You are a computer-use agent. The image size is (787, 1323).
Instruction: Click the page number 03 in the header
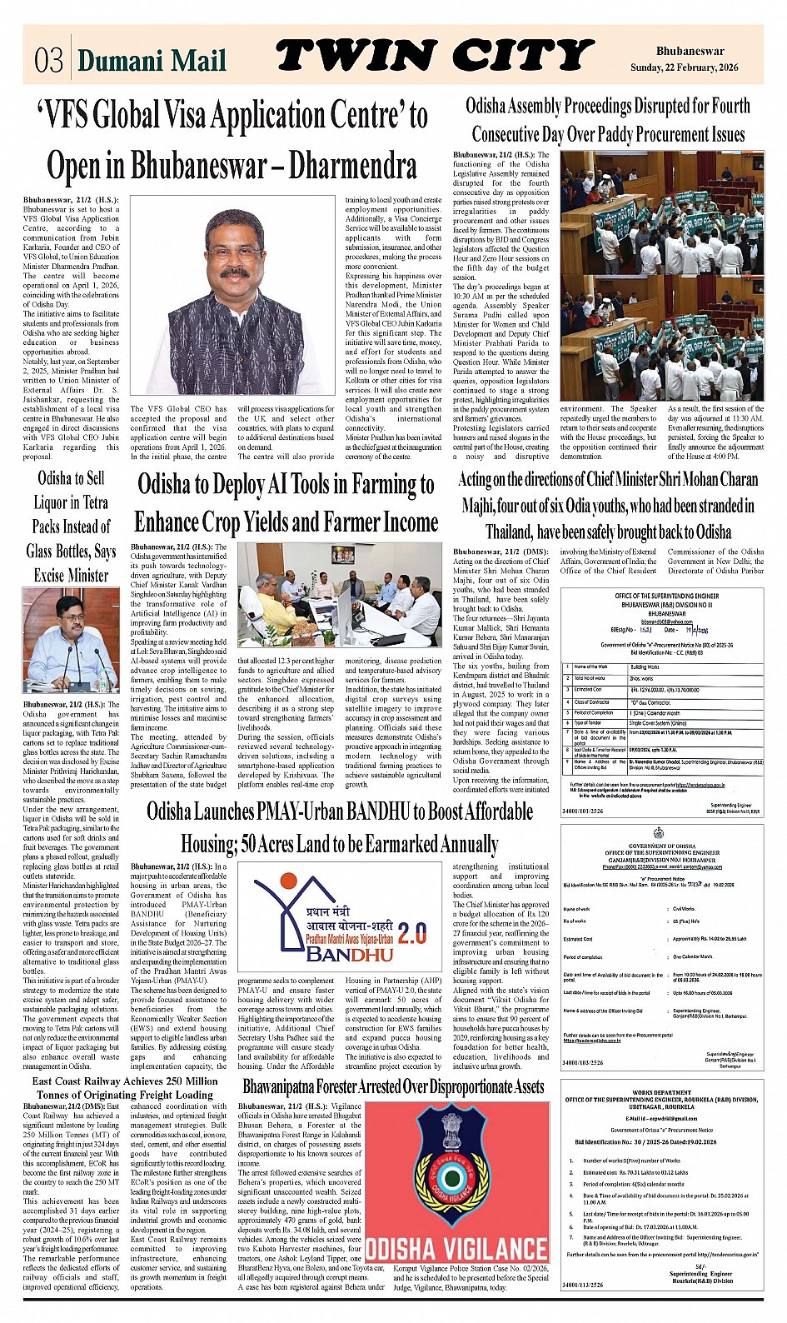pyautogui.click(x=49, y=60)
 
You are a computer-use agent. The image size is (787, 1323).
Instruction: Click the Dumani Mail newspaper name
pyautogui.click(x=151, y=60)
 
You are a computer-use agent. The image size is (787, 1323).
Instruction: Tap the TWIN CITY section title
pyautogui.click(x=434, y=56)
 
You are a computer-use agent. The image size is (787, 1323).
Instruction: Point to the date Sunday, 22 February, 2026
pyautogui.click(x=684, y=67)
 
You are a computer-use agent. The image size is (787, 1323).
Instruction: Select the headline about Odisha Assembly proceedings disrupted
pyautogui.click(x=608, y=120)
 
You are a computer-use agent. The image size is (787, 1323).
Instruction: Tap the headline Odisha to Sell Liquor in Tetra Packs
pyautogui.click(x=71, y=527)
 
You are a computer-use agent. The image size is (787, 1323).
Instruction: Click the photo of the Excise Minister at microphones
pyautogui.click(x=71, y=640)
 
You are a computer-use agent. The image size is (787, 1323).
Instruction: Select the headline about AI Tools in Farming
pyautogui.click(x=286, y=503)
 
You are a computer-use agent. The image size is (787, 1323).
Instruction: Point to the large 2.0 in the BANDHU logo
pyautogui.click(x=411, y=932)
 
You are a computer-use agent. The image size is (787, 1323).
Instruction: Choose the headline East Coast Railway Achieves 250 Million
pyautogui.click(x=125, y=1087)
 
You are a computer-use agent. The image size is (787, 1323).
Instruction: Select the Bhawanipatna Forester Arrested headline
pyautogui.click(x=394, y=1086)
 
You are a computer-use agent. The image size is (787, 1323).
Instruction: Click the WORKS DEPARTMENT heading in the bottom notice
pyautogui.click(x=661, y=1091)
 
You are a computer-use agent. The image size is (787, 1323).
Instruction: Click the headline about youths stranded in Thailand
pyautogui.click(x=608, y=505)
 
